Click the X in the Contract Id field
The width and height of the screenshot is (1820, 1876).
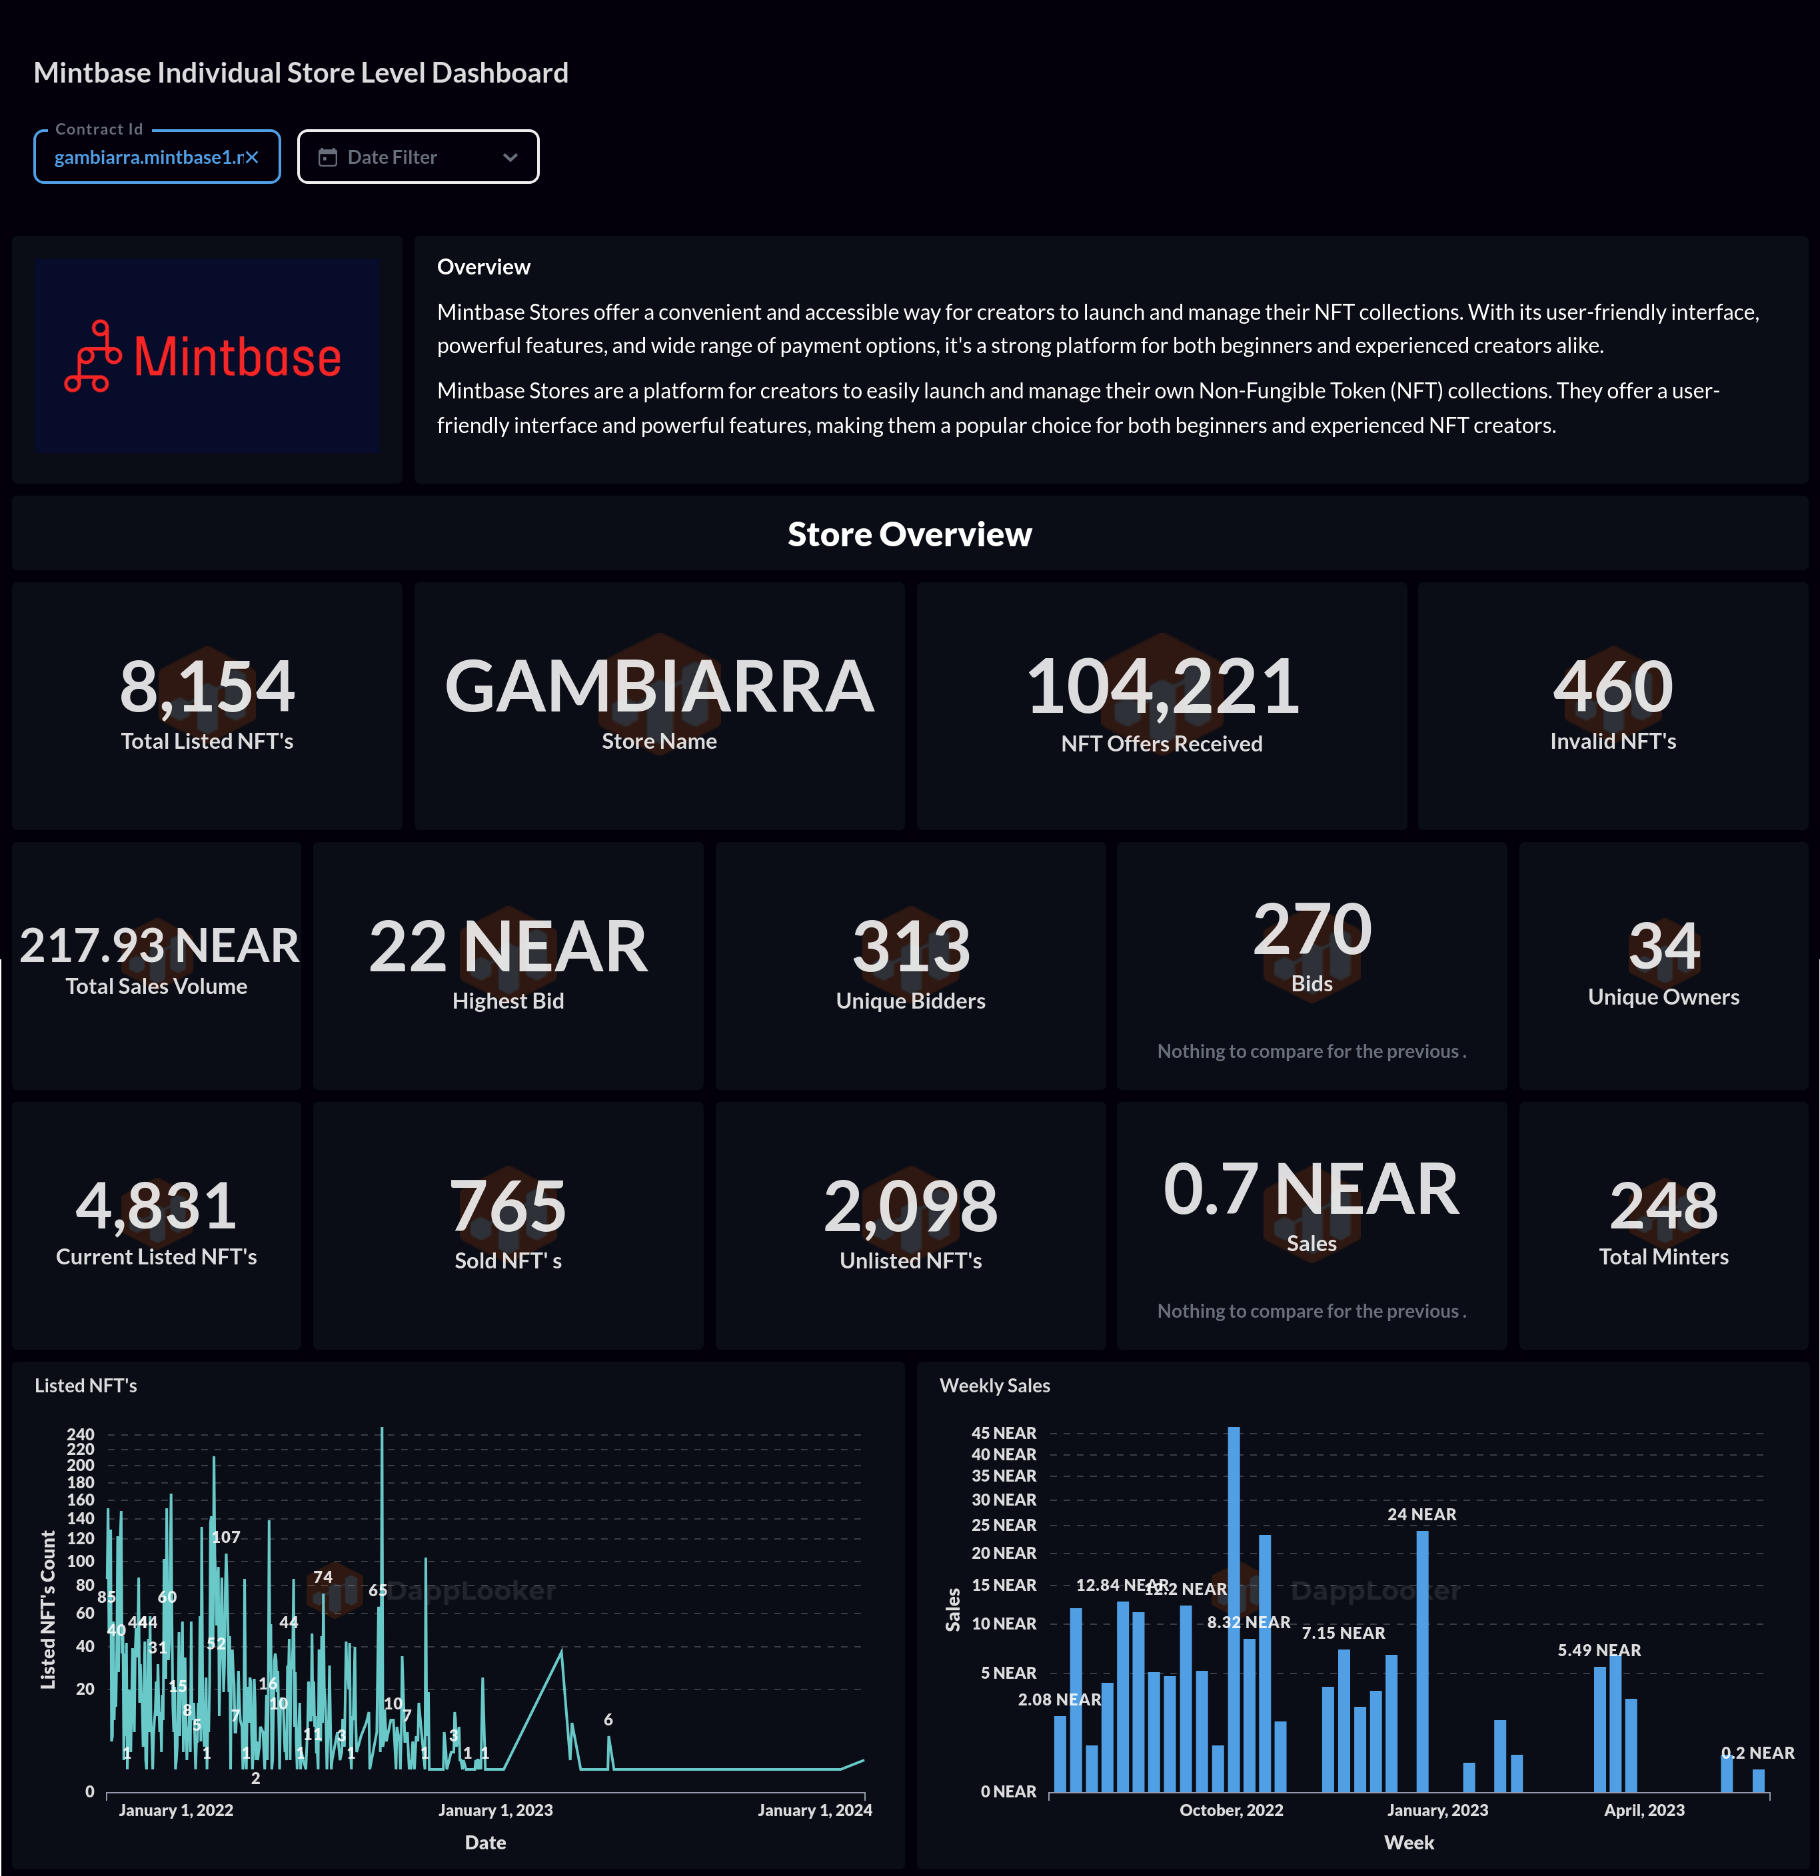[x=252, y=158]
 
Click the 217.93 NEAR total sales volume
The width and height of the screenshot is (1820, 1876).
[x=159, y=945]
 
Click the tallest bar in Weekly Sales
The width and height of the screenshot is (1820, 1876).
[x=1233, y=1608]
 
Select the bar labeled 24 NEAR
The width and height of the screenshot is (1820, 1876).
[x=1421, y=1661]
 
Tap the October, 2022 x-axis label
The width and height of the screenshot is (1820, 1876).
[x=1231, y=1810]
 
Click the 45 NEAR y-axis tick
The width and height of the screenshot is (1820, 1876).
[x=1004, y=1433]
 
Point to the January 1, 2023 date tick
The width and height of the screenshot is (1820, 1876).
[x=495, y=1810]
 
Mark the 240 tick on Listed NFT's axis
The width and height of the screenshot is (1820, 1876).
[x=81, y=1434]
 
